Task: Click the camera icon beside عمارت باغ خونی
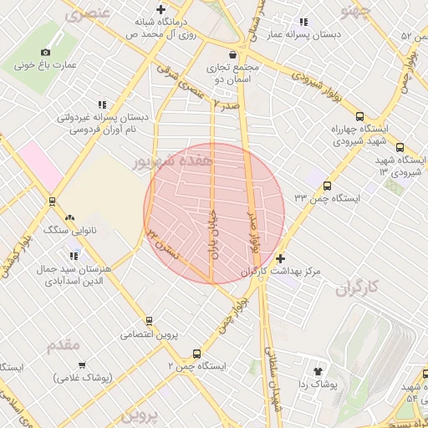click(x=45, y=52)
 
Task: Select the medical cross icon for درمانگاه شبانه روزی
click(x=160, y=10)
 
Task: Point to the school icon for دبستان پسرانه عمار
click(x=303, y=22)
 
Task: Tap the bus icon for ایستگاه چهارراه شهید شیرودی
click(x=359, y=117)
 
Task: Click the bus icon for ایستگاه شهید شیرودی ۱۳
click(x=400, y=146)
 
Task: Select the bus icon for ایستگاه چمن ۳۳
click(x=326, y=186)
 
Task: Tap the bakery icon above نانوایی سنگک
click(x=80, y=217)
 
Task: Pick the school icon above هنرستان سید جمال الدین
click(x=74, y=256)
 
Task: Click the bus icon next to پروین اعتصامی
click(x=149, y=320)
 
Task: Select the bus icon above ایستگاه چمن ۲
click(x=196, y=354)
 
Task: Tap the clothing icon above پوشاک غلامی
click(x=83, y=364)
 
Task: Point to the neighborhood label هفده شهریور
click(x=175, y=159)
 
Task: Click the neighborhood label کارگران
click(x=357, y=288)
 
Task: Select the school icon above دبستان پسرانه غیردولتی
click(x=102, y=104)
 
